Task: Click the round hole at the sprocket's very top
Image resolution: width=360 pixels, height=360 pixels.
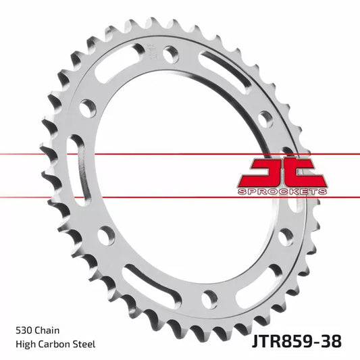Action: [x=171, y=55]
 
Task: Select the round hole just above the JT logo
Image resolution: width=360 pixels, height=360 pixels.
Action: [x=265, y=119]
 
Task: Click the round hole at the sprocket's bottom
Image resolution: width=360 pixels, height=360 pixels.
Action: [x=210, y=297]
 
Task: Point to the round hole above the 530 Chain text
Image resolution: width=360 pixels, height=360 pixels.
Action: [x=106, y=236]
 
